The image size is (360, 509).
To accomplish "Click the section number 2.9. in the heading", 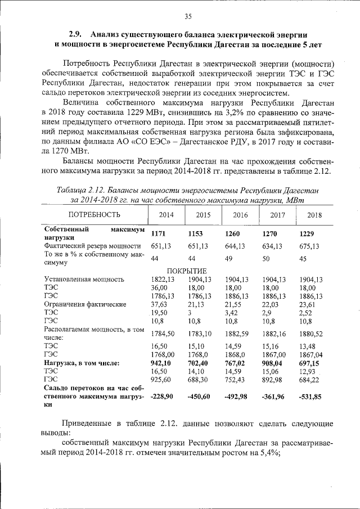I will [x=76, y=34].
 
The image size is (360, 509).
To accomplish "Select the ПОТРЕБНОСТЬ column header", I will [x=94, y=215].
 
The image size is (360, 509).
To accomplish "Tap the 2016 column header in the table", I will [x=240, y=215].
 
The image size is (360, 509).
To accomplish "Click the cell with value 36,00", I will [x=160, y=287].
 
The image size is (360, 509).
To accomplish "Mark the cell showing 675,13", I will [x=310, y=246].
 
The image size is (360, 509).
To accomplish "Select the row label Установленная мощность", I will [x=83, y=280].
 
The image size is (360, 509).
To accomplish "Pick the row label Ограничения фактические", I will [x=84, y=304].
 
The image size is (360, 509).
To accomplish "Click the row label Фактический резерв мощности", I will [x=92, y=246].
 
